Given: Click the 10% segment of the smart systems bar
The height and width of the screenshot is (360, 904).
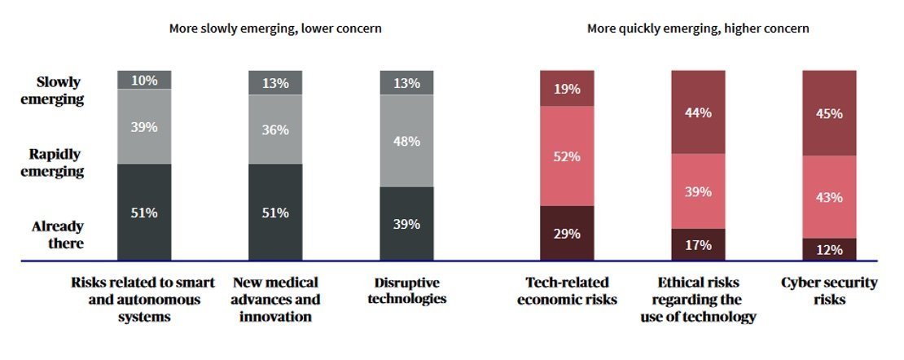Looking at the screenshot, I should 143,80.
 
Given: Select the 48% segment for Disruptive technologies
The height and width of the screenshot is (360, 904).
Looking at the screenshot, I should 406,141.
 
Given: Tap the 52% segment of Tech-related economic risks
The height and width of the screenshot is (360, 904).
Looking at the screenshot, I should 567,156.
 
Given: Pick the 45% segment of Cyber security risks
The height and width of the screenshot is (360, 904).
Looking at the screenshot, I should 829,113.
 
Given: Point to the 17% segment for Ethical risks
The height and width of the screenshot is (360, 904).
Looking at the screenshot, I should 698,244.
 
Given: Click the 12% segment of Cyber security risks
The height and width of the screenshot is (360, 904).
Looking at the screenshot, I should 829,249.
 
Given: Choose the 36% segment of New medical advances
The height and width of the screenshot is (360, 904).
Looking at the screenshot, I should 275,128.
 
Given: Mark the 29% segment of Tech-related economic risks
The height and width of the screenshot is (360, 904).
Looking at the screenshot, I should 567,233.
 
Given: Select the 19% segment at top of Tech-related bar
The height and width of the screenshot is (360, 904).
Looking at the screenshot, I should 567,89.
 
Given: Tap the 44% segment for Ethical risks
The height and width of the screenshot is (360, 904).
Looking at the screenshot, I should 698,112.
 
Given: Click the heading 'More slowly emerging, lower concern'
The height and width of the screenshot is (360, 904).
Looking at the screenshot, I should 275,29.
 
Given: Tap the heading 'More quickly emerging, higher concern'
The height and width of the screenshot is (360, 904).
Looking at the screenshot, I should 698,29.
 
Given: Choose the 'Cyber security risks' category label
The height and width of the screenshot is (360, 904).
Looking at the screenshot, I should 829,291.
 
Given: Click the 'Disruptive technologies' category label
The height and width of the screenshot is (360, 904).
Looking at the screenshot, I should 406,291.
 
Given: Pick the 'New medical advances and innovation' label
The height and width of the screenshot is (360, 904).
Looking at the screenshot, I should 276,299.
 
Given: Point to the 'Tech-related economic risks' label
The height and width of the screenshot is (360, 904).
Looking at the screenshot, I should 567,291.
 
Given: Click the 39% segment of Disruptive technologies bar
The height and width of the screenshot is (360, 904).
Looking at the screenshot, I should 406,224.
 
